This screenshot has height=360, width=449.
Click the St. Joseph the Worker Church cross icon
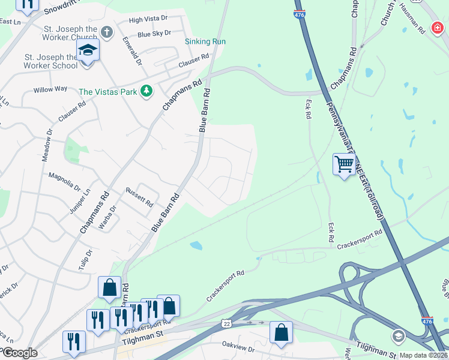106,32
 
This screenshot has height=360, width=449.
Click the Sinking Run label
205,41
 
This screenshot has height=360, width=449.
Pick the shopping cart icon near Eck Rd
344,163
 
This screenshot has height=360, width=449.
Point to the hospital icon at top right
438,28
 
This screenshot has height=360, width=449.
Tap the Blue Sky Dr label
154,34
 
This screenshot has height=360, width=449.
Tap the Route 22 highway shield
226,324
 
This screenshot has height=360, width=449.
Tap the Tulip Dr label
86,258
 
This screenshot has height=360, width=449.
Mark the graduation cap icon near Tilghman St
397,335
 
